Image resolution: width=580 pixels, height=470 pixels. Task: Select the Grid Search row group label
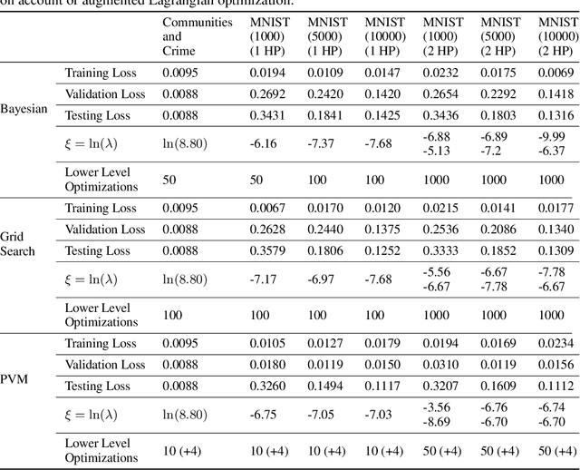17,242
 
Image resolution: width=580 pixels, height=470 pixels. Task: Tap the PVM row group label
17,378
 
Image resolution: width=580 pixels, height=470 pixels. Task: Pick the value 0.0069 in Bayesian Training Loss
556,71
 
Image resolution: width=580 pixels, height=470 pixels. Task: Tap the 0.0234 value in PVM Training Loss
556,343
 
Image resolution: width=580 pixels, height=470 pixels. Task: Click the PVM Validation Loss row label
104,365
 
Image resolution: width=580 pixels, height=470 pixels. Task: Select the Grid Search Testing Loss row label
97,251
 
